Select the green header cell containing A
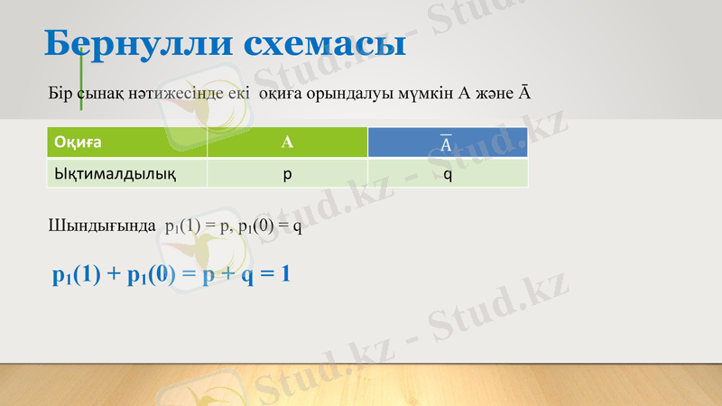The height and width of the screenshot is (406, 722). tap(287, 143)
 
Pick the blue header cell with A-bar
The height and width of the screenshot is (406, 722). tap(447, 143)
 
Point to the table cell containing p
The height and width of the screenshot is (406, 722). tap(287, 172)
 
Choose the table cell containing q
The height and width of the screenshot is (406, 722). tap(448, 172)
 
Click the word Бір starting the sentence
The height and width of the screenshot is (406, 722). tap(59, 94)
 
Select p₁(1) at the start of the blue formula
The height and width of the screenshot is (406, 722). tap(77, 274)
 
